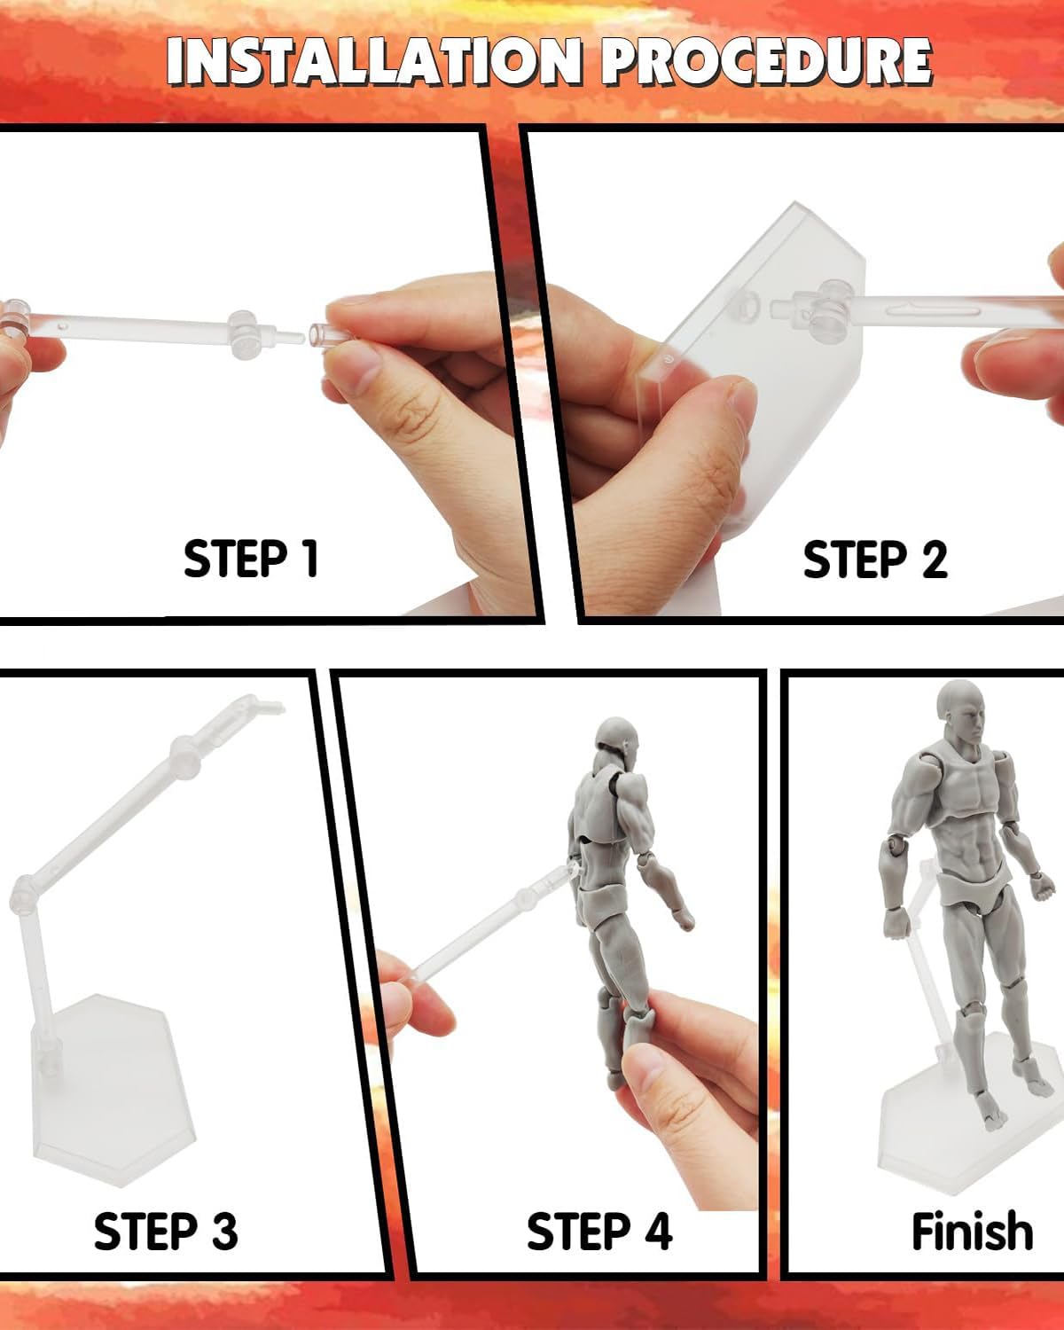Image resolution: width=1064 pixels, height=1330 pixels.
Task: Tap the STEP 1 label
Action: tap(251, 559)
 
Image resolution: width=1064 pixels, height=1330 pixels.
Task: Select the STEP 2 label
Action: tap(875, 559)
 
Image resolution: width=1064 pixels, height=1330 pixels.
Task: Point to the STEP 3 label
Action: tap(166, 1231)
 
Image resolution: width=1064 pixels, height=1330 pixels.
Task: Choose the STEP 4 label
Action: tap(599, 1231)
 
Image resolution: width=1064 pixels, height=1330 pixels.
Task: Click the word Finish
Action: tap(973, 1230)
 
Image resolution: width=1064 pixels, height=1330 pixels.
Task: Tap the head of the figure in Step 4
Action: tap(616, 744)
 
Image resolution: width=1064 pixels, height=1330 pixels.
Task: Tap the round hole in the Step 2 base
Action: tap(747, 305)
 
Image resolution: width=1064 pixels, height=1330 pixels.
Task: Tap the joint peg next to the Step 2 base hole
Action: tap(784, 307)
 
